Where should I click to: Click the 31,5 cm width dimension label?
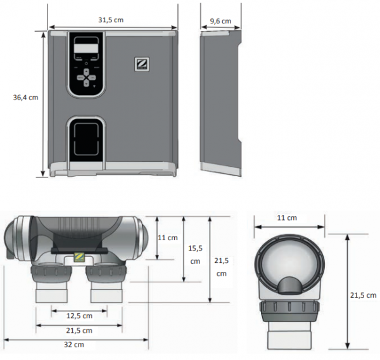tap(111, 20)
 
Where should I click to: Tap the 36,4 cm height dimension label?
tap(26, 98)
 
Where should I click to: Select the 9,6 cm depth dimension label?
tap(220, 21)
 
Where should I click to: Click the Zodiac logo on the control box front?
tap(142, 64)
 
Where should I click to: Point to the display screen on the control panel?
tap(86, 47)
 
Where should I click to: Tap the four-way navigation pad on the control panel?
tap(86, 77)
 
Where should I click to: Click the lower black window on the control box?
tap(86, 139)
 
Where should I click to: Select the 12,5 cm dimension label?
tap(80, 316)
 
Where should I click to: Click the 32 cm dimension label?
tap(74, 345)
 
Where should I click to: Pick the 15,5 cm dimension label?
tap(195, 255)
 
